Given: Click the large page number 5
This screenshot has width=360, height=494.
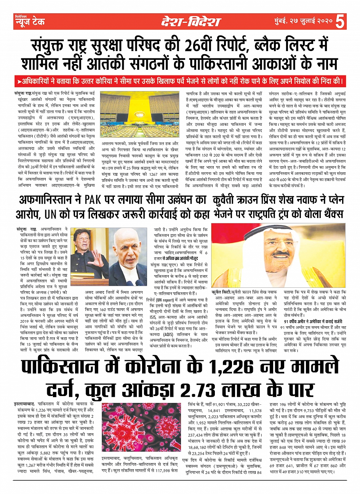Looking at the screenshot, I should [x=340, y=21].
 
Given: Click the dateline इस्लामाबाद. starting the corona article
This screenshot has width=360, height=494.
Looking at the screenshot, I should [x=24, y=403].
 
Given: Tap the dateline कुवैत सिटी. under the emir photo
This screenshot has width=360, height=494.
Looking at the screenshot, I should [x=221, y=292].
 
